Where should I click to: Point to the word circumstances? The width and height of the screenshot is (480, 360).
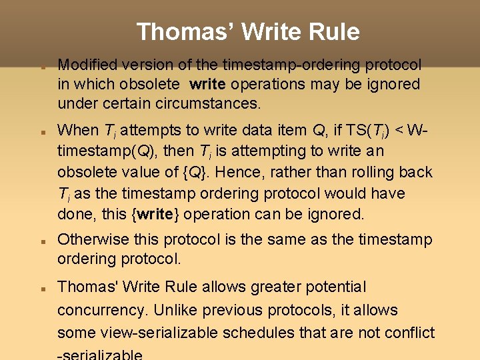pos(217,103)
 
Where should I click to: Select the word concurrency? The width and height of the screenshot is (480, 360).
pos(101,311)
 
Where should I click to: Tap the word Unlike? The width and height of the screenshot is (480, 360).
pos(180,311)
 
